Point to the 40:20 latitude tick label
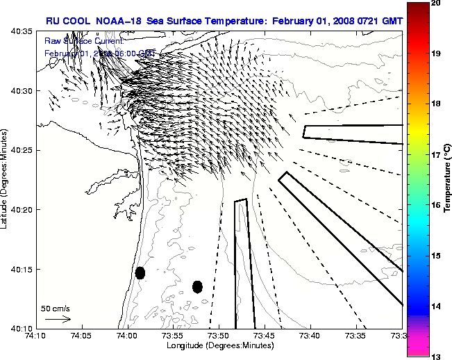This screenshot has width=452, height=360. [24, 210]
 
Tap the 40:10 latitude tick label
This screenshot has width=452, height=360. [24, 328]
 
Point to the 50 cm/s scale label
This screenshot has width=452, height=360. [56, 308]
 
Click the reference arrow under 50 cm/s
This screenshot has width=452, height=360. [58, 319]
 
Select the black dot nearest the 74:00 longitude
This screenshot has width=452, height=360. [140, 272]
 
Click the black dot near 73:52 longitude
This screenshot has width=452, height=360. [197, 286]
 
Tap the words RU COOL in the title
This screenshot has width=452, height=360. [67, 22]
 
